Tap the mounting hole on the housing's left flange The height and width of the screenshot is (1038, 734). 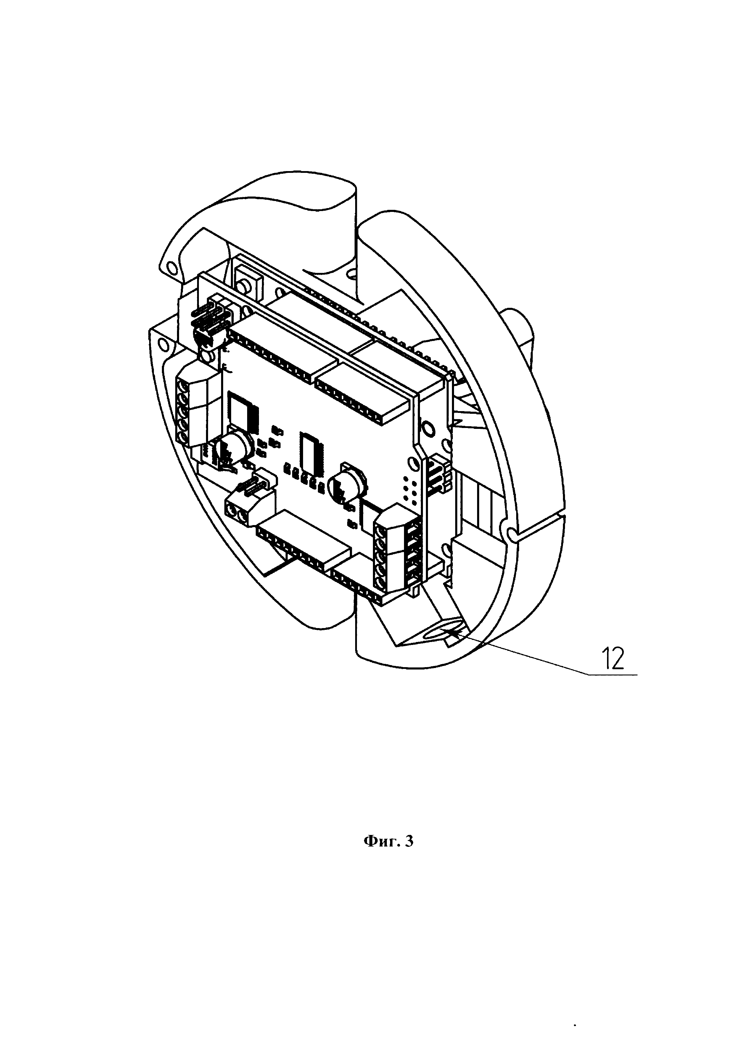[x=164, y=346]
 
